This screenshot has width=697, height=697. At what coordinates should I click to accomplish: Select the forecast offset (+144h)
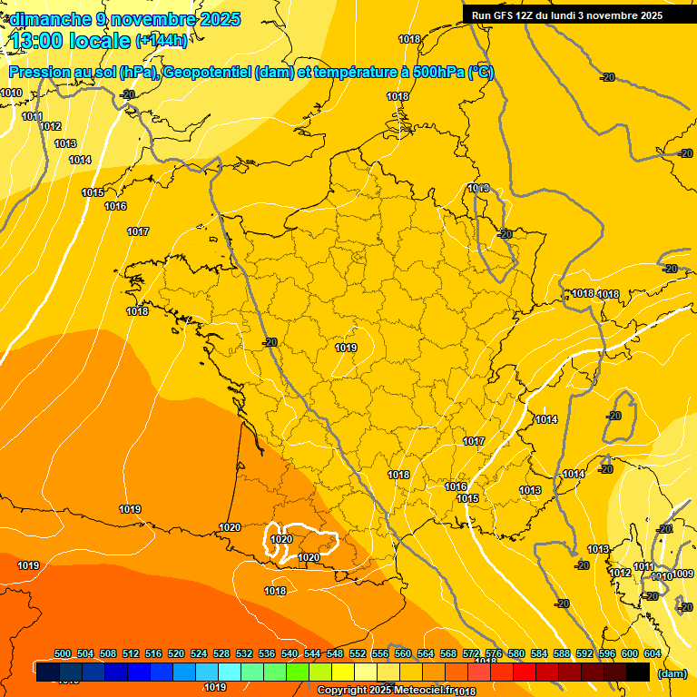point(162,40)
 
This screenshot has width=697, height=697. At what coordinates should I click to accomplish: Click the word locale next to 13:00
point(101,40)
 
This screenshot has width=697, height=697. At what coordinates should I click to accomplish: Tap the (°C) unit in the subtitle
point(481,73)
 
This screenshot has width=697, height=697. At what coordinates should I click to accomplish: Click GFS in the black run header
point(505,15)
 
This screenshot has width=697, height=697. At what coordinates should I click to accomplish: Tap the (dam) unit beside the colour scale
point(672,673)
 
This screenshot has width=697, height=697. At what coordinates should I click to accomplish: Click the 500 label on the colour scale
point(63,653)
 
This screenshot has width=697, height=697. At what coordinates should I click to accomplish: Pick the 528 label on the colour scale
point(221,653)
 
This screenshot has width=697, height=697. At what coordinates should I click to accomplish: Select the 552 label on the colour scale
point(358,653)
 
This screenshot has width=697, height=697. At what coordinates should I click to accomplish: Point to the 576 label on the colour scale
point(494,653)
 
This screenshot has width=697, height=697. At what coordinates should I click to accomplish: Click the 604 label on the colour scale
point(653,653)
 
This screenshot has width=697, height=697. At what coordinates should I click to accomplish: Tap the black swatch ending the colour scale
point(638,672)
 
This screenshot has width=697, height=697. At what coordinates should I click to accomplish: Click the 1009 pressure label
point(682,574)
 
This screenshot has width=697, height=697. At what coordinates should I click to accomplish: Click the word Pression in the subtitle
point(35,73)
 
